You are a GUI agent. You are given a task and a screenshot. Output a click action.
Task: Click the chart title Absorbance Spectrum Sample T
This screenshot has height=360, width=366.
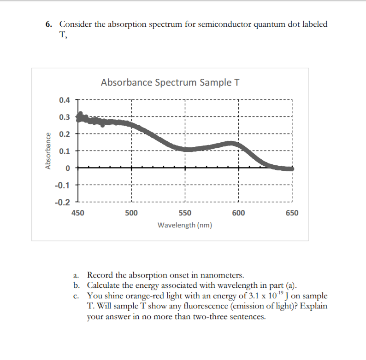click(170, 83)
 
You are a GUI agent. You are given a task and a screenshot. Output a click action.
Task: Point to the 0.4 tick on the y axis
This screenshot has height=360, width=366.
click(65, 100)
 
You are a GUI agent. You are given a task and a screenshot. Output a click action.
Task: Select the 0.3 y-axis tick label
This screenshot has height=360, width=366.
click(65, 117)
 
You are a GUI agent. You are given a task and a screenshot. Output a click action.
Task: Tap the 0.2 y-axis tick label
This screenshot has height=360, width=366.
click(65, 134)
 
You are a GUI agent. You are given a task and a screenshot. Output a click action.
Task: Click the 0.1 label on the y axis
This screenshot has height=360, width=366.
click(65, 151)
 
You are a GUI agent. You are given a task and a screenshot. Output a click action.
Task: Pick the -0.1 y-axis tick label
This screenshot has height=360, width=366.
click(63, 186)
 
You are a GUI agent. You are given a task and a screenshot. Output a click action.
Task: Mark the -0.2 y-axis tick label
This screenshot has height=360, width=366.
click(63, 203)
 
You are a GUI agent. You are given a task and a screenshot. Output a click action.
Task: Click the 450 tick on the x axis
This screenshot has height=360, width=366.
click(78, 213)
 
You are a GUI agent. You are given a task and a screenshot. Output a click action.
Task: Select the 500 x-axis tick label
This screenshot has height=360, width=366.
click(131, 213)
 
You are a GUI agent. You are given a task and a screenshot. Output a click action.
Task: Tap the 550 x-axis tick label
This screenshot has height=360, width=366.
click(185, 213)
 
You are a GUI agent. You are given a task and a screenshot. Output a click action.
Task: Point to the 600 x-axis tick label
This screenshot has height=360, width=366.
click(238, 213)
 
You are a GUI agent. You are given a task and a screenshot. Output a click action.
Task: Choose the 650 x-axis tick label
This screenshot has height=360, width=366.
click(292, 213)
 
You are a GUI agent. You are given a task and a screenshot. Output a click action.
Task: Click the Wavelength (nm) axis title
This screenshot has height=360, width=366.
click(185, 226)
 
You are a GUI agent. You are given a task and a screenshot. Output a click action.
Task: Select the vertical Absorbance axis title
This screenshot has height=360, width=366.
click(48, 151)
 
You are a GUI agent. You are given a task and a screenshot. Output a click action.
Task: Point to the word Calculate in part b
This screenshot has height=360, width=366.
click(104, 285)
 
